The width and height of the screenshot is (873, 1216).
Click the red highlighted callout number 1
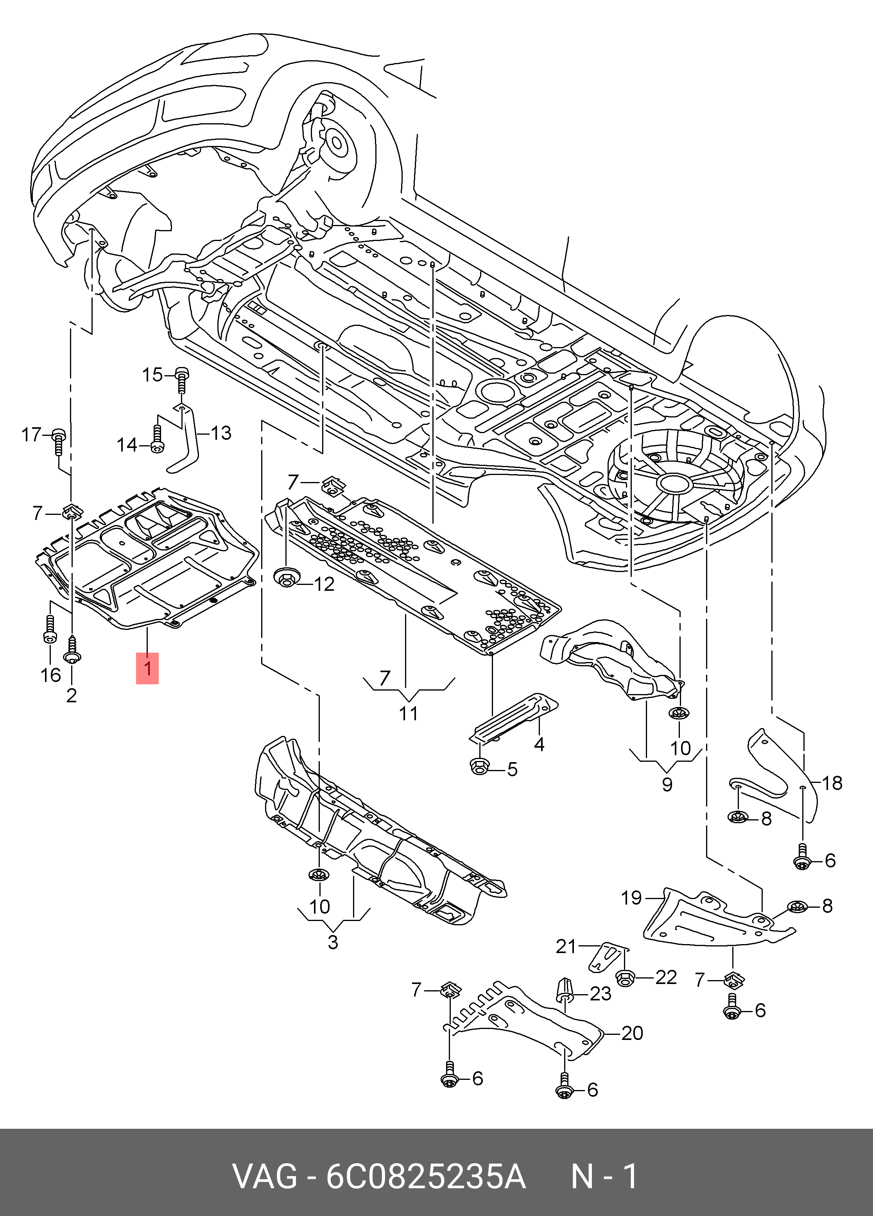147,668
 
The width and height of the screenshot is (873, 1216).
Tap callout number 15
152,375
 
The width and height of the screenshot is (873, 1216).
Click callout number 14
127,444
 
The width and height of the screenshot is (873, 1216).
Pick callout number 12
323,583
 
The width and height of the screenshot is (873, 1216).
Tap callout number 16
51,675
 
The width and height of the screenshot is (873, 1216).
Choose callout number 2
71,695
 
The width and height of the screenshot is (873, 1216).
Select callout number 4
539,744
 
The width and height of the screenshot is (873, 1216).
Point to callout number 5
512,769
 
